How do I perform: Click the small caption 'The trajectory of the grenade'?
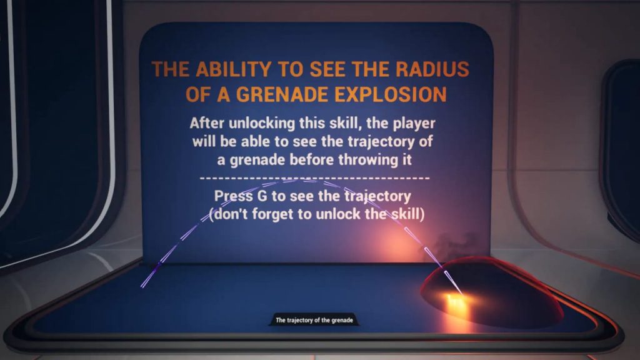(314, 321)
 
